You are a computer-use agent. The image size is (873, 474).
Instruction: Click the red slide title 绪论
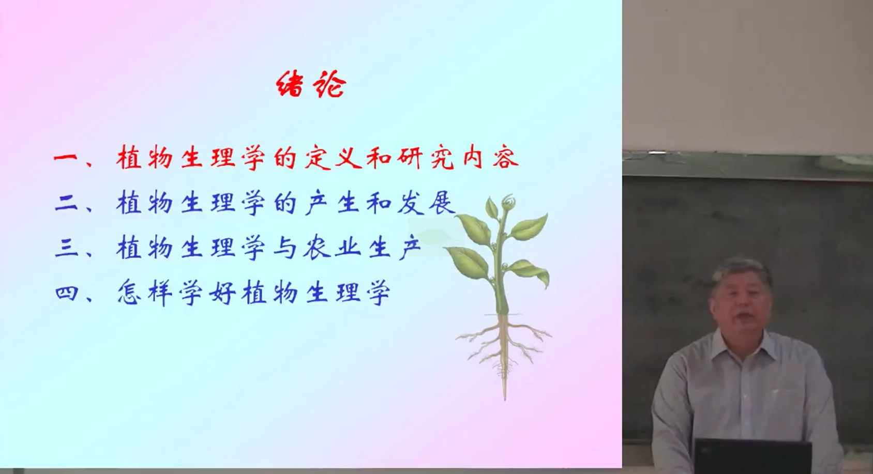(311, 84)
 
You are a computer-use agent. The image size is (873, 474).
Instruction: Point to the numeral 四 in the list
(67, 293)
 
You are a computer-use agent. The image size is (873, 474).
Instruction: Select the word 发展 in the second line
(426, 203)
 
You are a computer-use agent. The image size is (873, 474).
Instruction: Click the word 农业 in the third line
(332, 248)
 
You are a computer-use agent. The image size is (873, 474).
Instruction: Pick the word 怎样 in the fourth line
(145, 293)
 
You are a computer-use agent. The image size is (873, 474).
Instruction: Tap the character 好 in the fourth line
(222, 293)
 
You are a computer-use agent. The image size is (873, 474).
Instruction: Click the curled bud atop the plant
(508, 203)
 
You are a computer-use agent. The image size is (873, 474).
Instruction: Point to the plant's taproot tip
(505, 398)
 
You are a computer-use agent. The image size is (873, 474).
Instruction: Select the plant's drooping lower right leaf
(530, 271)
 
